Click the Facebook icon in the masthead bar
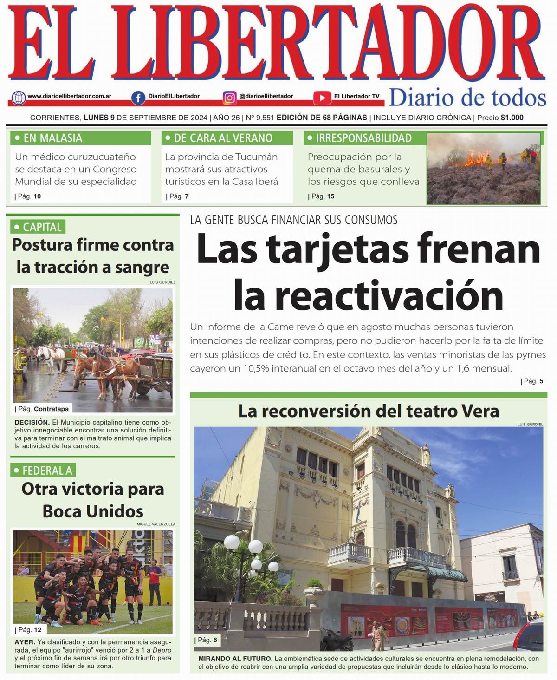[x=138, y=98]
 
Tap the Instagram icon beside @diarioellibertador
[x=229, y=98]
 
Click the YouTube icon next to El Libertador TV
[x=322, y=98]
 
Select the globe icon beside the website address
[x=19, y=98]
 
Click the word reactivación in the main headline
[x=389, y=295]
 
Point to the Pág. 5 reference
[x=533, y=381]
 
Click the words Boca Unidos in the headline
[x=93, y=511]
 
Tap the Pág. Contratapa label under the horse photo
[x=43, y=409]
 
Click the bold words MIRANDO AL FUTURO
[x=235, y=659]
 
